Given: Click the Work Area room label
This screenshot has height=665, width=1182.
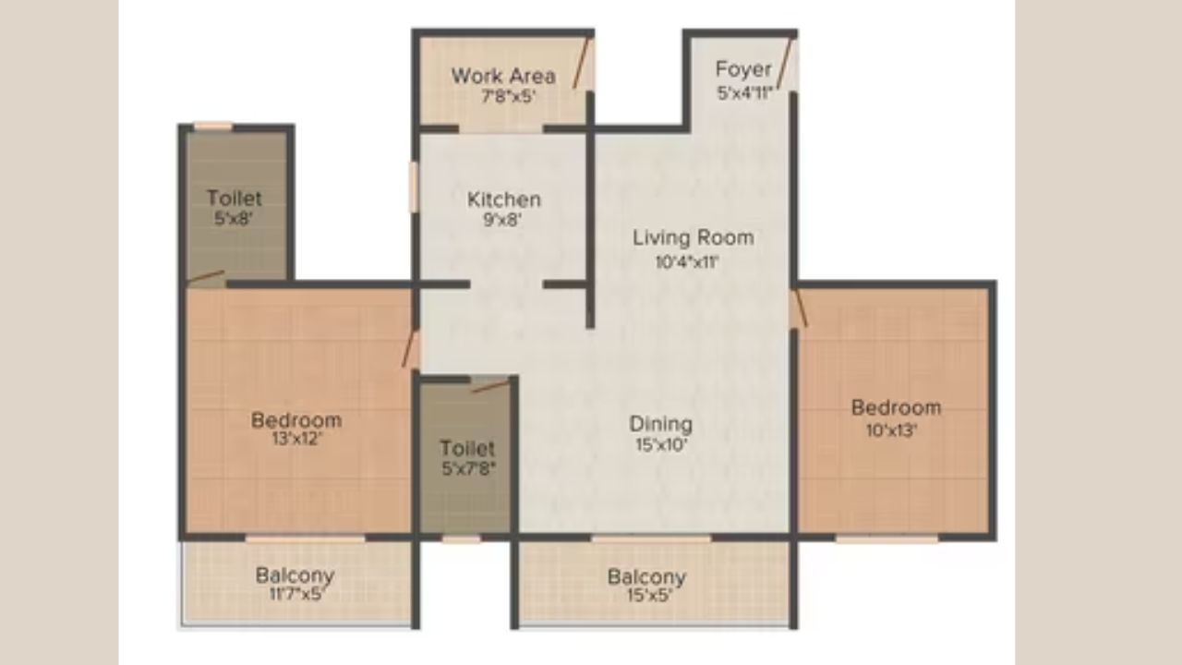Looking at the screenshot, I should click(x=503, y=76).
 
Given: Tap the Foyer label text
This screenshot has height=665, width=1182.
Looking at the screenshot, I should click(x=743, y=69).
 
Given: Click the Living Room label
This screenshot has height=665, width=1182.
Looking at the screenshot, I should click(x=693, y=237).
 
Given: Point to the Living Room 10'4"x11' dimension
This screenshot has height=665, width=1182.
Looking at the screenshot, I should click(x=687, y=261).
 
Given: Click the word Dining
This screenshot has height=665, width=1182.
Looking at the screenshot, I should click(x=660, y=424).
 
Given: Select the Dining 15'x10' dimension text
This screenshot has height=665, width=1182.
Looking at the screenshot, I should click(x=660, y=444).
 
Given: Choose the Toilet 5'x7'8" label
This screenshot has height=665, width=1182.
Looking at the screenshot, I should click(x=467, y=457).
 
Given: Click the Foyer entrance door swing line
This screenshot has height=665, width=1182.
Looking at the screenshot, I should click(x=785, y=64).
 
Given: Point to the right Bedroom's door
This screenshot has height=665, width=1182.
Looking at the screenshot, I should click(x=800, y=309).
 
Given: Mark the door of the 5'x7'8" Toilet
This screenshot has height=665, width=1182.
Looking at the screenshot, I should click(x=489, y=385).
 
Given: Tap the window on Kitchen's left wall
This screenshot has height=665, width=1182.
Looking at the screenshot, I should click(x=414, y=187).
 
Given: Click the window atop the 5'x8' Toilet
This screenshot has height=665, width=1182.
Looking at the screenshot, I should click(x=212, y=126).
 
